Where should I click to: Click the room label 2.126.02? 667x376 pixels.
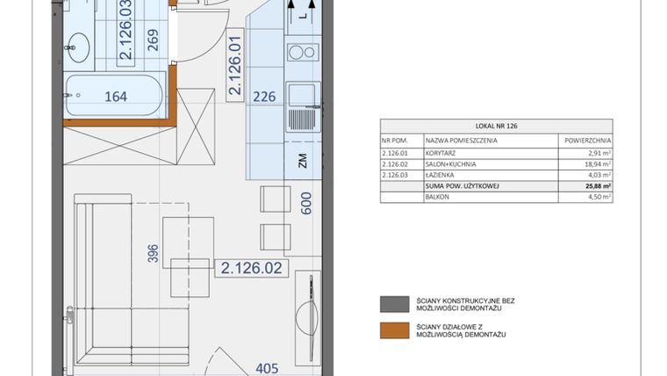(251, 269)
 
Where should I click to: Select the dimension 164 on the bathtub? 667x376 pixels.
(115, 97)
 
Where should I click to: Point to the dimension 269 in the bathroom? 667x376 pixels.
(154, 41)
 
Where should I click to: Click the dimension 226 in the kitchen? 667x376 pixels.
(266, 98)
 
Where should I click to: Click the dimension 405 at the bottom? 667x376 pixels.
(268, 370)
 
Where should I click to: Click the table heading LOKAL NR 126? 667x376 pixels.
(497, 127)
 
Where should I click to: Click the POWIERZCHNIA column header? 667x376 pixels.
(585, 140)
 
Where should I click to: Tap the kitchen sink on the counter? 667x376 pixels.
(303, 96)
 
